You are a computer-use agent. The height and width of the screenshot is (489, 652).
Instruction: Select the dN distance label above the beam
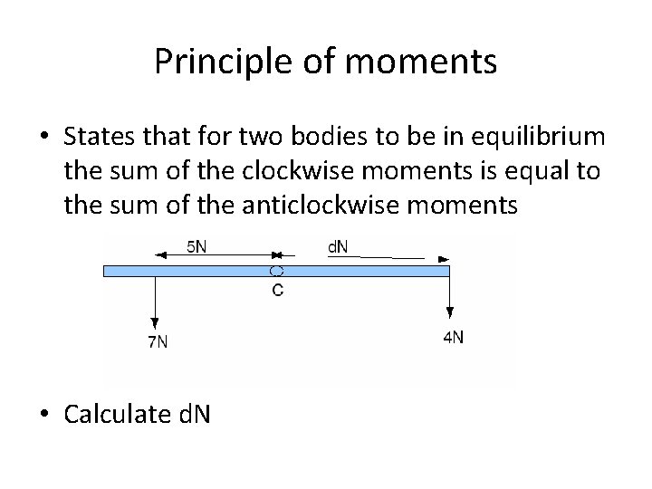tap(340, 245)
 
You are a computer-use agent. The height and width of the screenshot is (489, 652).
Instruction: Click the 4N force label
tap(453, 337)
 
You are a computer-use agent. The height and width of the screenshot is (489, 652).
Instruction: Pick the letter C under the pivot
tap(277, 290)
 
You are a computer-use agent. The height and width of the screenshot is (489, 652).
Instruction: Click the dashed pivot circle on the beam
tap(277, 271)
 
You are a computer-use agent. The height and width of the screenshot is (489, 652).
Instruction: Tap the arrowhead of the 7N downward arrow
tap(157, 321)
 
